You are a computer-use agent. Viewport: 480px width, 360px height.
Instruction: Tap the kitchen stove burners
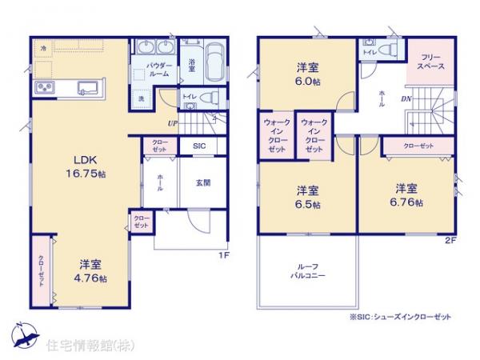coord(43,87)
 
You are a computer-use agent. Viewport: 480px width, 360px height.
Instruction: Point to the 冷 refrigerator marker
coord(43,48)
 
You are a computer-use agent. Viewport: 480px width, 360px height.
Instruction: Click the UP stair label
coord(172,123)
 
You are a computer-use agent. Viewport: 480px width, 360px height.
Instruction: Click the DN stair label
coord(406,99)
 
